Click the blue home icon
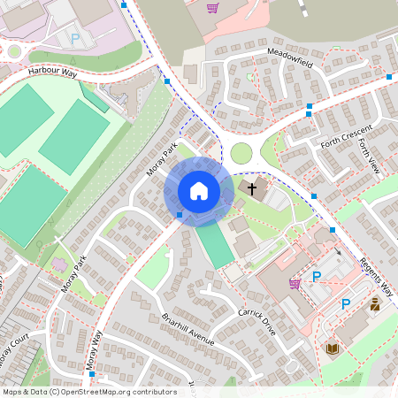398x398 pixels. (x=199, y=190)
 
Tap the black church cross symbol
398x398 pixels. (x=252, y=188)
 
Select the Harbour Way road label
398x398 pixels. (x=53, y=70)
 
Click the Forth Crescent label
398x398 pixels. (x=342, y=141)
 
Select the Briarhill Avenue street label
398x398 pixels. (x=188, y=329)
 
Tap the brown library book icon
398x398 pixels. (x=332, y=348)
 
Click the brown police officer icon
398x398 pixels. (x=375, y=304)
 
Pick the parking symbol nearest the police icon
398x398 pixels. (x=346, y=304)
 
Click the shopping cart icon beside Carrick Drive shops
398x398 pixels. (x=295, y=283)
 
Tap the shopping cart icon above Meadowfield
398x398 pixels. (x=212, y=9)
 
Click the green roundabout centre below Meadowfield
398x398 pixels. (x=241, y=153)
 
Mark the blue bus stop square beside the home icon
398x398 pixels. (x=180, y=214)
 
